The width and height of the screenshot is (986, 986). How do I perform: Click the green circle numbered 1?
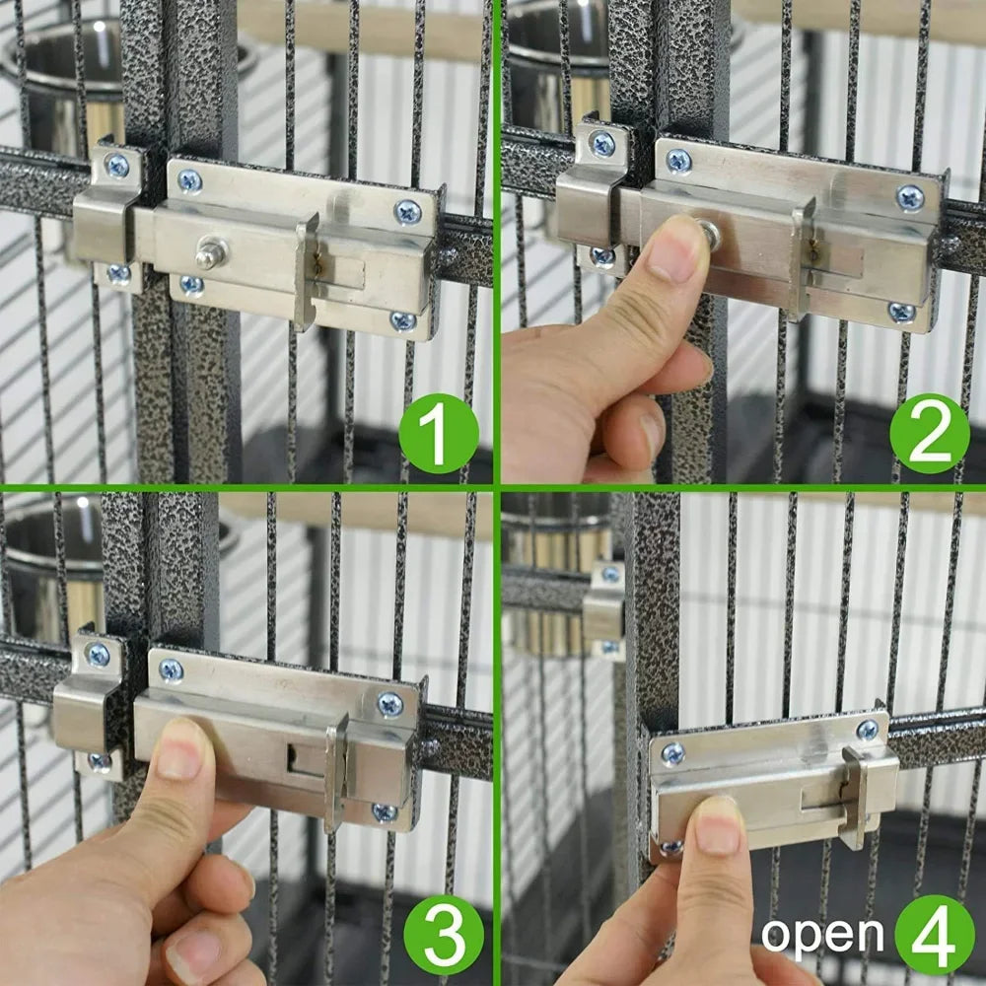point(439,434)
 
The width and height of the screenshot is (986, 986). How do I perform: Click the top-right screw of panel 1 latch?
point(407,211)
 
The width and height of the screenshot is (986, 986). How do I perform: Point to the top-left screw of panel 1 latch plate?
point(189,180)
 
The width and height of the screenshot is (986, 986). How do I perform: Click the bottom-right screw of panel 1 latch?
point(402,320)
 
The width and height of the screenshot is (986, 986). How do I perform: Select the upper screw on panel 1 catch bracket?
point(117,166)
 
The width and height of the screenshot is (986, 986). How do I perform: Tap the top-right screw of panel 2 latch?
point(909,197)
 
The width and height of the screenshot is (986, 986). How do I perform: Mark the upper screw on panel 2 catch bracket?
point(601,144)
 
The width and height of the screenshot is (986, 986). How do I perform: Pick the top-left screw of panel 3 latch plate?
point(171,670)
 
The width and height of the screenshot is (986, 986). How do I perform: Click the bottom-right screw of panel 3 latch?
point(385,812)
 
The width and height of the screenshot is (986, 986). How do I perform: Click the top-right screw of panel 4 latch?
point(868,730)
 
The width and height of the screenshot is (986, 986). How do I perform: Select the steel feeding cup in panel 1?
point(59,89)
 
